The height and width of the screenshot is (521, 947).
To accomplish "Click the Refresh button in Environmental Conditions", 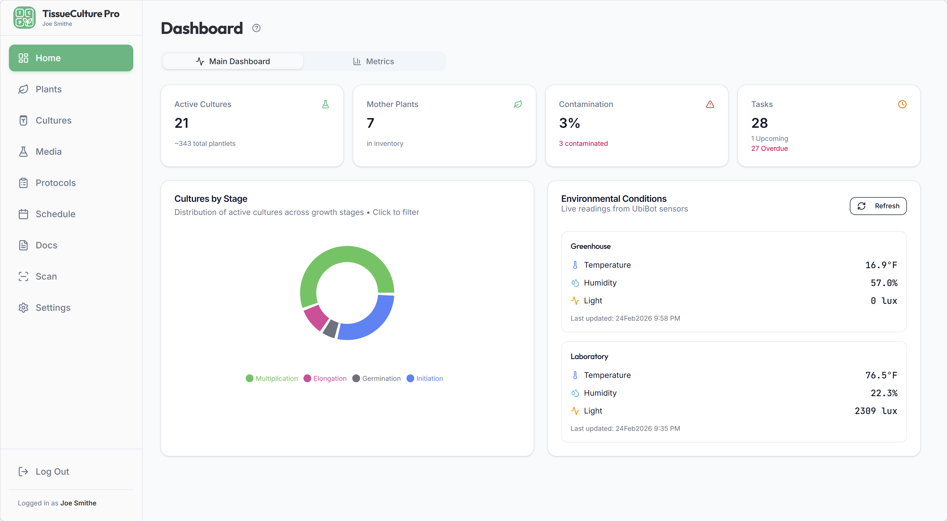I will coord(878,206).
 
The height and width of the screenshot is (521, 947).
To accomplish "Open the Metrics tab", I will coord(374,61).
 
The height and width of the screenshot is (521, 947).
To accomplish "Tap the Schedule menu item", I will coord(55,214).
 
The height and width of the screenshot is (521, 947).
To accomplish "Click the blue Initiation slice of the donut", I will coord(371,320).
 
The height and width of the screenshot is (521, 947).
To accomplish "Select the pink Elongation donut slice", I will coord(315,317).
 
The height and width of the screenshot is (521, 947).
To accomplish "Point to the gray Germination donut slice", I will coord(331,328).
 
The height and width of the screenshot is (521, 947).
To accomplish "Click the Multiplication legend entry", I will coord(272,378).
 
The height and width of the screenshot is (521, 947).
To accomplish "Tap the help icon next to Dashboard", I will coord(256,28).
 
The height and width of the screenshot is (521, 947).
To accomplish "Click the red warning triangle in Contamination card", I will coord(710,104).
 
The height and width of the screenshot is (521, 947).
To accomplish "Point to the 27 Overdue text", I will coord(769,148).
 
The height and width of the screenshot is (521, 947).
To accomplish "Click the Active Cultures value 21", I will coord(182,123).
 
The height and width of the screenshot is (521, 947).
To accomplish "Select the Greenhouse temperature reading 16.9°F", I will coord(881,265).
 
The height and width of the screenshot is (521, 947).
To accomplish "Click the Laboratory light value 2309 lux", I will coord(876,411).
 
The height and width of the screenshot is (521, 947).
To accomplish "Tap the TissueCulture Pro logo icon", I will coord(24,18).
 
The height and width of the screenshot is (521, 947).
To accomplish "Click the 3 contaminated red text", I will coord(583,144).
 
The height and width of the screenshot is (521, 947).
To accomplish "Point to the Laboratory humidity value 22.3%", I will coord(884,393).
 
